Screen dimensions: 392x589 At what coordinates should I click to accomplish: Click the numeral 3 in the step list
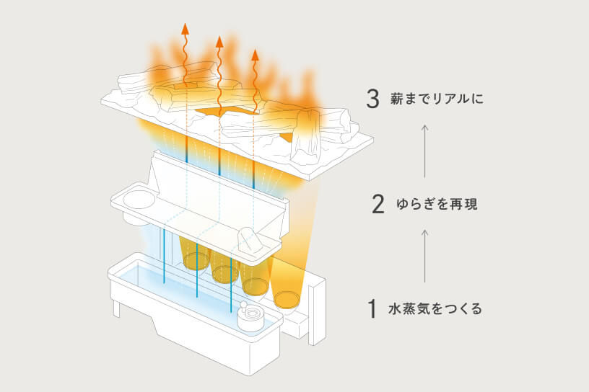(x=372, y=98)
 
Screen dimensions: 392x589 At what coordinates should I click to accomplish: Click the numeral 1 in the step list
(x=372, y=309)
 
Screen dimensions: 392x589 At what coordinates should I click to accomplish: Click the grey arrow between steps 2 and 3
(x=425, y=151)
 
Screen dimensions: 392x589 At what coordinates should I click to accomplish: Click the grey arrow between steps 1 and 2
(x=425, y=256)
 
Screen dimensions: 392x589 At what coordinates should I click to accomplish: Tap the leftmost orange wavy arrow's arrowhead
(x=186, y=29)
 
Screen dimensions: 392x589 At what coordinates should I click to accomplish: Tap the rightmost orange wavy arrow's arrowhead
(x=255, y=53)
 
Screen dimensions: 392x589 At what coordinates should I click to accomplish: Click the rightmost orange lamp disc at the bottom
(x=287, y=297)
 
